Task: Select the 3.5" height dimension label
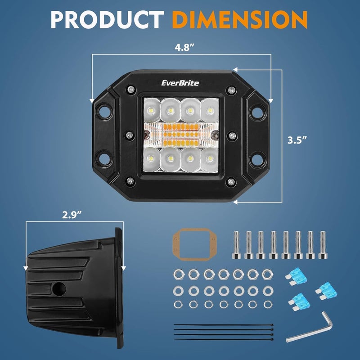(x=297, y=139)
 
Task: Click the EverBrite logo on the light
(x=180, y=82)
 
